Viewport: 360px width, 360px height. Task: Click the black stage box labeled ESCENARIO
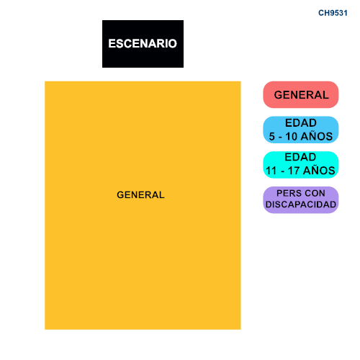pos(143,44)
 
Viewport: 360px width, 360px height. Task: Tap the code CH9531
pos(333,13)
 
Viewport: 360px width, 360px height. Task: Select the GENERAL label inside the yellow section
pos(140,195)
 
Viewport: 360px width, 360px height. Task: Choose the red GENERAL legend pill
pos(301,94)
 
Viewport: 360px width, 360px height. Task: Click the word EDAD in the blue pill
pos(301,123)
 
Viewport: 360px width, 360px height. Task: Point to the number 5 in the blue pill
pos(271,136)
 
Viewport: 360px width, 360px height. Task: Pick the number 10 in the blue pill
pos(292,136)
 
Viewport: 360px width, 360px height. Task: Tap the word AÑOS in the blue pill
pos(317,136)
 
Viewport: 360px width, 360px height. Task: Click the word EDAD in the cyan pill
pos(300,157)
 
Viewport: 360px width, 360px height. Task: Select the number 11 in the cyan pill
pos(271,171)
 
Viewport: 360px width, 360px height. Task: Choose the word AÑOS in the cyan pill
pos(319,170)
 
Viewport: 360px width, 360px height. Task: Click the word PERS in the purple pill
pos(286,193)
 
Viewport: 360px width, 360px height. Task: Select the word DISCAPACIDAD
pos(301,204)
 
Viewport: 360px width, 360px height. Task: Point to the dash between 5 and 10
pos(280,138)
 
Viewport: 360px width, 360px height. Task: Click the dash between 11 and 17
pos(282,172)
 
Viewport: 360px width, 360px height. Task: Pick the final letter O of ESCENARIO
pos(172,44)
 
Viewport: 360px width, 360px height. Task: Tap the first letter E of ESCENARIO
pos(112,44)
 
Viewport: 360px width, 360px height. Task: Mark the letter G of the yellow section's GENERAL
pos(120,195)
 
